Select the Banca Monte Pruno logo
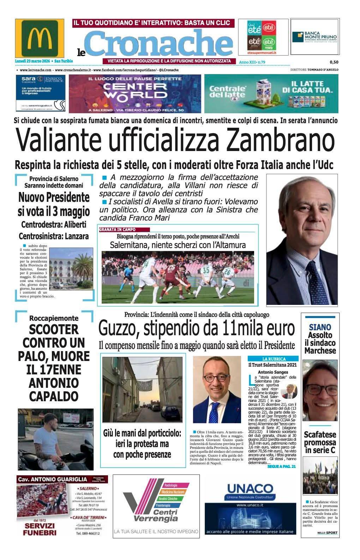314,37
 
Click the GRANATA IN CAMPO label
118,230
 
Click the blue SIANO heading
320,327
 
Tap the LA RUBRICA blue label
272,359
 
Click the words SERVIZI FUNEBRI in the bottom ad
40,529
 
